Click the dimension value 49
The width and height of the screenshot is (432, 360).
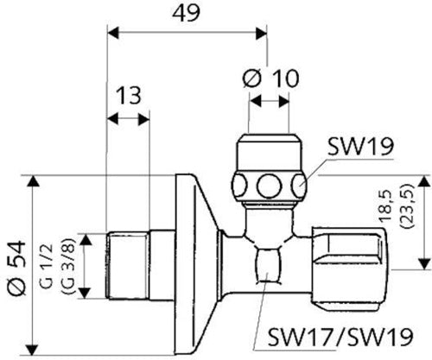186,13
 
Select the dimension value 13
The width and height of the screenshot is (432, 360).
129,95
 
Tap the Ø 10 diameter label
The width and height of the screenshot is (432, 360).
270,78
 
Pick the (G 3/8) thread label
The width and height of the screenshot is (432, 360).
69,266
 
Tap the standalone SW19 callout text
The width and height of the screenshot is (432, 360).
360,146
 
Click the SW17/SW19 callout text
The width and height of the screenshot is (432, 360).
340,337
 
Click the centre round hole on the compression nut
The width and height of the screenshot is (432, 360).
269,186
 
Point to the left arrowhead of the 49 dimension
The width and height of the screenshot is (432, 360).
113,32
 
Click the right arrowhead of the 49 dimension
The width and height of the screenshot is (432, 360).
261,32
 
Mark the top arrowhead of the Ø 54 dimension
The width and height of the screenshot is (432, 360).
34,182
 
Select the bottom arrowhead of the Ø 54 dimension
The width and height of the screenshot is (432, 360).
34,348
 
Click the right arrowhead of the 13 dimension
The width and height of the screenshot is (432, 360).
143,119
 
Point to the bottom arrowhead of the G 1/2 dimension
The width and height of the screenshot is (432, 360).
85,293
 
